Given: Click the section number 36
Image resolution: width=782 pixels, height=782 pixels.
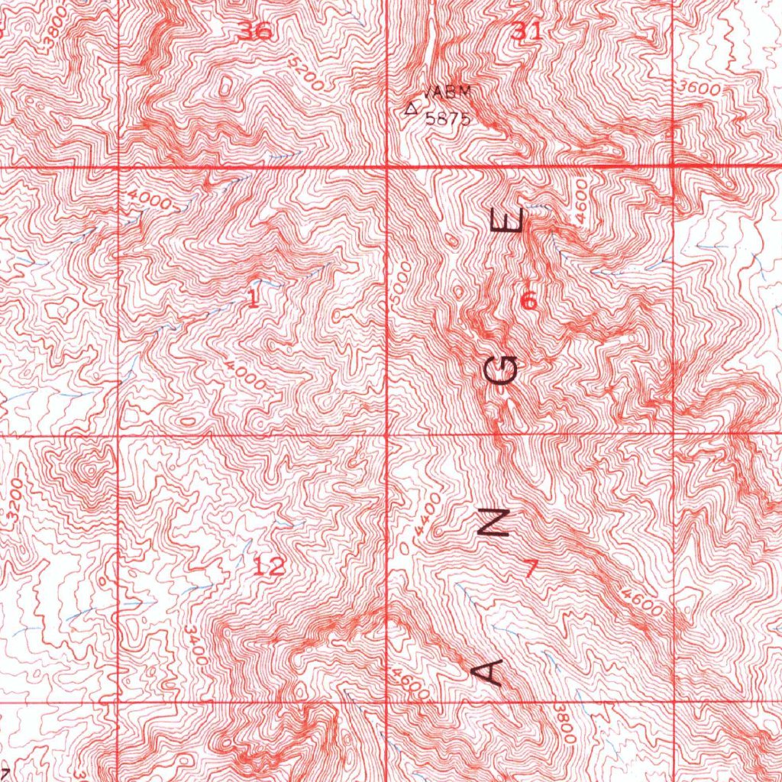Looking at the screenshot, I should click(254, 32).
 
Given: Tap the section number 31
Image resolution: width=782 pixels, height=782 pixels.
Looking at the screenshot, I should click(526, 31).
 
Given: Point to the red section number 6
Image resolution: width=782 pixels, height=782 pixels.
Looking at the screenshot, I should click(528, 302).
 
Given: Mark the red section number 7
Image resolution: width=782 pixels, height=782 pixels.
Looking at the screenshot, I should click(531, 568).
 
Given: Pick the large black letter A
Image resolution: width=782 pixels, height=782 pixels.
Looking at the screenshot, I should click(487, 671).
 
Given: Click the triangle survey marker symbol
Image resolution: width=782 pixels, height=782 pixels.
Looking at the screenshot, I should click(412, 108).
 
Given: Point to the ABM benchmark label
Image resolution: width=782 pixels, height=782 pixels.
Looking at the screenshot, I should click(450, 92).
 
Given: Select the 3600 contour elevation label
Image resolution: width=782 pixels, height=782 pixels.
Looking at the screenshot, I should click(700, 89).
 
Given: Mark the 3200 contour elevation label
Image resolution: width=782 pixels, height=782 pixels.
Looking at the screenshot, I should click(15, 501).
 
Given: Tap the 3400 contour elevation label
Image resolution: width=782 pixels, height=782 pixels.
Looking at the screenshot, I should click(195, 645).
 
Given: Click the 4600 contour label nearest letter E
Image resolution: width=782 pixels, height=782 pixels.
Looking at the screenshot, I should click(583, 200).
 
